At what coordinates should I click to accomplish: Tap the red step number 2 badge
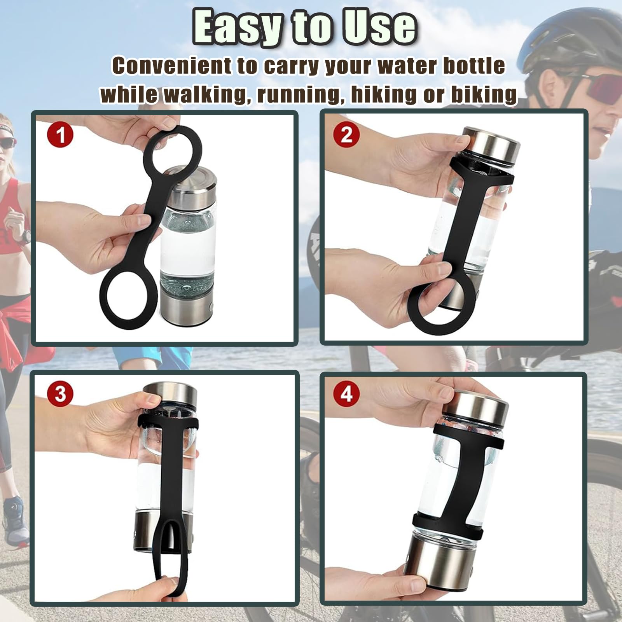click(x=346, y=135)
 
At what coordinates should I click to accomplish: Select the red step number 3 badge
click(x=60, y=393)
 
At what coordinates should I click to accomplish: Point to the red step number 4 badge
click(x=346, y=393)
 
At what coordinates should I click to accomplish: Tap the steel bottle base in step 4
click(x=451, y=560)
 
